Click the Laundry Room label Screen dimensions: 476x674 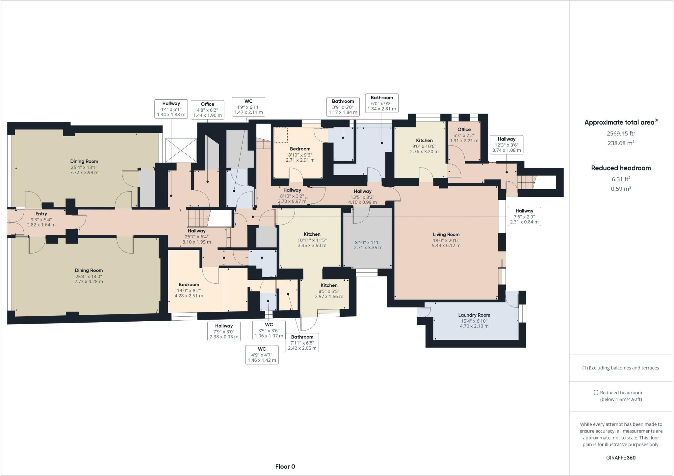(x=474, y=315)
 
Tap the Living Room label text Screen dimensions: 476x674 (x=446, y=234)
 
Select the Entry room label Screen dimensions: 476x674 (x=41, y=214)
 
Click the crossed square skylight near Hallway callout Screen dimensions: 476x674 (x=181, y=150)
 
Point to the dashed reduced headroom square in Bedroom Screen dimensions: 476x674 (x=281, y=135)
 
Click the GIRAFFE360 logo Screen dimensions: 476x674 (x=621, y=458)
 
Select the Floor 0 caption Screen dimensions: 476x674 (x=285, y=466)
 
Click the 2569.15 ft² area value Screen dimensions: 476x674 (x=621, y=133)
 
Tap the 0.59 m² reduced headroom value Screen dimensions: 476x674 (x=621, y=189)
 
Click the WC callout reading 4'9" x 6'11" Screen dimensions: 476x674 (x=248, y=107)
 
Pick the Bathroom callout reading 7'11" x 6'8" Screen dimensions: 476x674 (x=302, y=342)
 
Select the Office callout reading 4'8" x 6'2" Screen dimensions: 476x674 (x=207, y=110)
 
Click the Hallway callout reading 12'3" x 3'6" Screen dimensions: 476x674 (x=506, y=145)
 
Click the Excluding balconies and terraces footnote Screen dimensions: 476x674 (x=621, y=368)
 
